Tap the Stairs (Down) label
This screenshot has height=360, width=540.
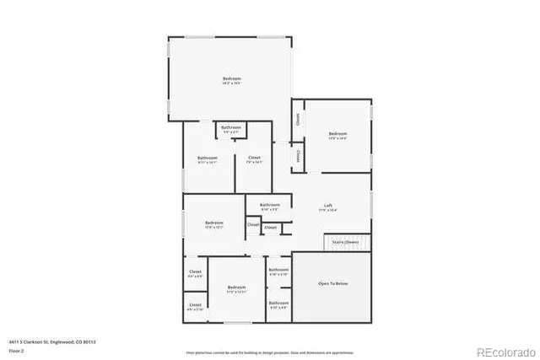tap(346, 242)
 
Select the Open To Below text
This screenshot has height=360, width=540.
tap(332, 283)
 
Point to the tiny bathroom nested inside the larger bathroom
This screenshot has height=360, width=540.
tap(231, 130)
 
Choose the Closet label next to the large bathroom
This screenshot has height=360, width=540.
tap(253, 159)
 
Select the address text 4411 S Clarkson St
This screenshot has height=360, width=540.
tap(33, 341)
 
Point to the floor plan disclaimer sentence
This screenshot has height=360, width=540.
tap(269, 352)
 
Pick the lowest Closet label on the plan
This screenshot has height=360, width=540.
tap(195, 306)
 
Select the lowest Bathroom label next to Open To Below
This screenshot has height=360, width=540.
tap(278, 304)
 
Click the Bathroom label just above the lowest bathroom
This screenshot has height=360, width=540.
tap(278, 271)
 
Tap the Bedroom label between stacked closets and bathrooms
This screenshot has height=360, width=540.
tap(236, 289)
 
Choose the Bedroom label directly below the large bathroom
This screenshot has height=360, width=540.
tap(213, 224)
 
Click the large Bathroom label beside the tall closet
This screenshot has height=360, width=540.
tap(208, 159)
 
